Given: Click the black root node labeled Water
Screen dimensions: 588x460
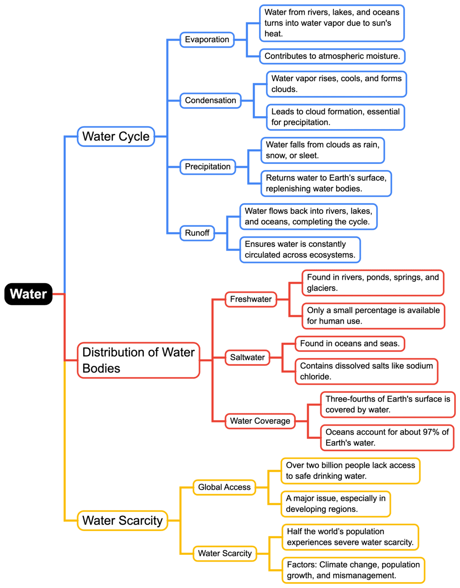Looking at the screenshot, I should tap(28, 294).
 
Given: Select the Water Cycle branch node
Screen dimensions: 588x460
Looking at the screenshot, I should tap(116, 136).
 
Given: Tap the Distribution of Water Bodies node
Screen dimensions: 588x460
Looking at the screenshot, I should tap(138, 360).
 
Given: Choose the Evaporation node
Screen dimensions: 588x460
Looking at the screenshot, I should tap(207, 39).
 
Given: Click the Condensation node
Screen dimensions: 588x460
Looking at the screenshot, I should tap(210, 101).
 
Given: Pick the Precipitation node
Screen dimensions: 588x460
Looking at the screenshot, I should tap(208, 167).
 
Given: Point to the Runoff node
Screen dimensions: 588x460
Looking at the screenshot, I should tap(197, 233).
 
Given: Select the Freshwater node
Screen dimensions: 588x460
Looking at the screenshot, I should tap(251, 299).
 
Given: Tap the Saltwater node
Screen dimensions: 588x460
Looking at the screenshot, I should tap(248, 358).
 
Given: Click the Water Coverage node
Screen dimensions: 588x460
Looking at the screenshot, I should tap(260, 421).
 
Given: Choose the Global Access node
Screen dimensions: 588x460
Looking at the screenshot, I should tap(224, 487).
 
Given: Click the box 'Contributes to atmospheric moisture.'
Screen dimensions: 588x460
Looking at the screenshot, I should tap(332, 57).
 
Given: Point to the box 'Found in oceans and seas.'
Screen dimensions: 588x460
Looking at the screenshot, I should tap(349, 344).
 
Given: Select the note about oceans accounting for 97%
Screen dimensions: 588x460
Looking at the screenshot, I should tap(387, 438).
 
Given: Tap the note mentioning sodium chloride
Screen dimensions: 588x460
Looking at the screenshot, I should tap(366, 371).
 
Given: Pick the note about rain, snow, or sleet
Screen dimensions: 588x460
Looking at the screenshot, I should tap(323, 150).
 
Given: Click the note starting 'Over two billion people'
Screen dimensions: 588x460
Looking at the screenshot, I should tap(350, 471).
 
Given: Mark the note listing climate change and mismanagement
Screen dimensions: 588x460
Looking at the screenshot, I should tap(353, 570).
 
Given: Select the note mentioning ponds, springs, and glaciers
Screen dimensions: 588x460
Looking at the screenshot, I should tap(372, 283).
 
